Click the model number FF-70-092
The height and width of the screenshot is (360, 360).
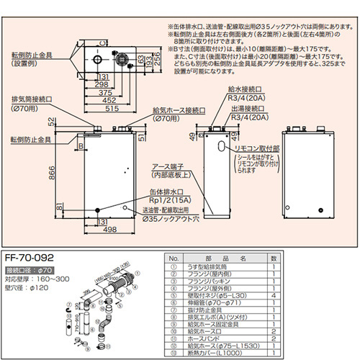coord(28,256)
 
